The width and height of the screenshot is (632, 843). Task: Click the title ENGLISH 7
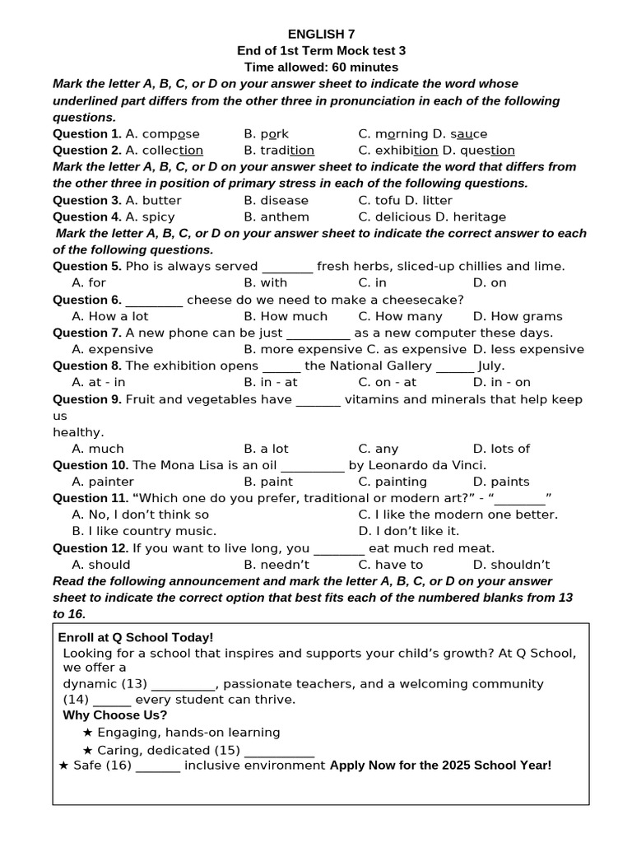321,34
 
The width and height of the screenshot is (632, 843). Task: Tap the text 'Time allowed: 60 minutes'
321,67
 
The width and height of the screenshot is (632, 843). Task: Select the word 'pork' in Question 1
275,133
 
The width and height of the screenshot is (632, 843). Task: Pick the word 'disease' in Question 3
284,200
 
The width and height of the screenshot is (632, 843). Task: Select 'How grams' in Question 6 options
518,316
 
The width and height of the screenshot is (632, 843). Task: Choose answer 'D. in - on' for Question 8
501,382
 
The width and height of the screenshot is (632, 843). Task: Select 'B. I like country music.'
144,531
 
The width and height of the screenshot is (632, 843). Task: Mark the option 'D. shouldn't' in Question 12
511,564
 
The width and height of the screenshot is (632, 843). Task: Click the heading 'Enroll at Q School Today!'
136,637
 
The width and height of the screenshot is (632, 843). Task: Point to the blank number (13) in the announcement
134,683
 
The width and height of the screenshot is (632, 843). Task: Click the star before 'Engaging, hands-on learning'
87,732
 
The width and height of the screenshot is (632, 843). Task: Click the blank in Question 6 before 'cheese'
154,300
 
